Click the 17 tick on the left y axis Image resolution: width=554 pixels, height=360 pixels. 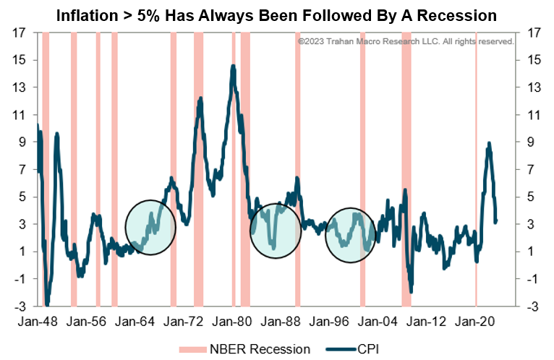[x=21, y=33]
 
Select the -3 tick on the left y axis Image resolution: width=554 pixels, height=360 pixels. [x=20, y=306]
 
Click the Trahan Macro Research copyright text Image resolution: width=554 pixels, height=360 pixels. [x=406, y=42]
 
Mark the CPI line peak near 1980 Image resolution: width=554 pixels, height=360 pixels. [x=233, y=66]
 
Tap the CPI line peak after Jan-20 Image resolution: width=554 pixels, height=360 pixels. [x=490, y=143]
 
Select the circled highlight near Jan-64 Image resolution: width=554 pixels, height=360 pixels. [x=150, y=226]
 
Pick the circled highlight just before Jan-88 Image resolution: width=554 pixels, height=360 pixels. [x=275, y=231]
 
